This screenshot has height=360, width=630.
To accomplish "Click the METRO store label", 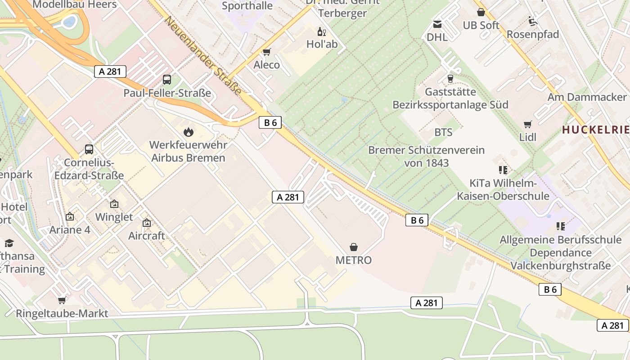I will tap(354, 260).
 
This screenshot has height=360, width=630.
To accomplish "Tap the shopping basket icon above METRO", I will tap(354, 247).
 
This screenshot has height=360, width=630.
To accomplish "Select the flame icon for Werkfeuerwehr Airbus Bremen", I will tap(188, 132).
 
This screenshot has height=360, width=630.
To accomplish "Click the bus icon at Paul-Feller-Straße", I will tap(167, 80).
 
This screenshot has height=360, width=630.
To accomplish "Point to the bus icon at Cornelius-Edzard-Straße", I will tap(89, 149).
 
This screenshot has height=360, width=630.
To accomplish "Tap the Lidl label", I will tap(528, 137).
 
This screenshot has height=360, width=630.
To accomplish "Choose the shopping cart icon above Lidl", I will tap(527, 124).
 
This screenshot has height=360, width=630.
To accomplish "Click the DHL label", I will tap(437, 37).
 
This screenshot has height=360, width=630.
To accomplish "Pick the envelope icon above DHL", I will tap(437, 24).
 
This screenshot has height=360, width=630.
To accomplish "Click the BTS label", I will tap(443, 132).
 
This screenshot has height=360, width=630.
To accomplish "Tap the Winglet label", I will tap(114, 217).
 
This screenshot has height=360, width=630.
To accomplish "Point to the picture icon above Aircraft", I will tap(147, 222).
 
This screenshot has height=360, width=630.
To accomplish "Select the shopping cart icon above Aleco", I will tap(267, 52).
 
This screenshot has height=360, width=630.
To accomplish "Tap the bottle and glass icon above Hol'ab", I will tap(322, 31).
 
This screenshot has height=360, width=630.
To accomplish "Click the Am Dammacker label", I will tap(587, 97).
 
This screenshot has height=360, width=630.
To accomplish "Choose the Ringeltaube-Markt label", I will tap(62, 313).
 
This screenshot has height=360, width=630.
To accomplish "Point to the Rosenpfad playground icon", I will tap(533, 21).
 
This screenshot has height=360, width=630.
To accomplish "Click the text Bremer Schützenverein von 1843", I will tap(426, 156).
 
